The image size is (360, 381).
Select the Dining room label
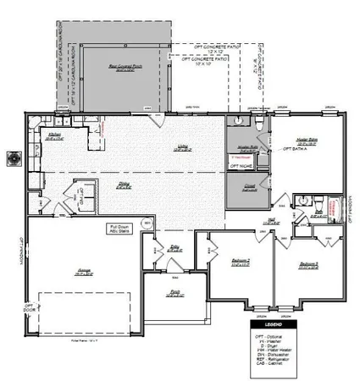tap(123, 185)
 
